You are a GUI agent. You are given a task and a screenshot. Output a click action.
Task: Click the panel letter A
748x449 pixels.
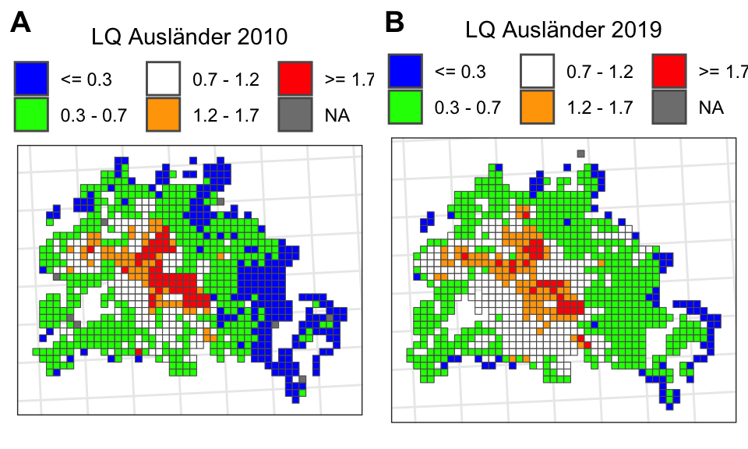click(21, 24)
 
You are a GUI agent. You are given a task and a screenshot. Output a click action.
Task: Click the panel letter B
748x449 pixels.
click(395, 23)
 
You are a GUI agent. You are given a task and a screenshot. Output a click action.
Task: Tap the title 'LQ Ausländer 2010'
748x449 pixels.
click(189, 37)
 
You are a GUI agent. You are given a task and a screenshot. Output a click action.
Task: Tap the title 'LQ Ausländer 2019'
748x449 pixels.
click(563, 30)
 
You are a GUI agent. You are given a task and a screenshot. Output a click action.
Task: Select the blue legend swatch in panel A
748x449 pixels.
click(32, 77)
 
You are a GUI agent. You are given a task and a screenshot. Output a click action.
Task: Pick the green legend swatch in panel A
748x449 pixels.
click(32, 114)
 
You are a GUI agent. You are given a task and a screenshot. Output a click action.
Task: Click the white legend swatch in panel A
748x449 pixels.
click(163, 77)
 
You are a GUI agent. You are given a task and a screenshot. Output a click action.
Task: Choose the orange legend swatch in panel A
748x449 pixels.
click(163, 114)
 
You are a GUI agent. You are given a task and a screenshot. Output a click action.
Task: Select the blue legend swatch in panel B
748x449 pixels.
click(406, 71)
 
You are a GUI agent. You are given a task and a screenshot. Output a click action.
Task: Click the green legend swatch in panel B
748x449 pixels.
click(406, 107)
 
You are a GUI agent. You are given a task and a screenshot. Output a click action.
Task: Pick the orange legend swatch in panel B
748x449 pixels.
click(537, 107)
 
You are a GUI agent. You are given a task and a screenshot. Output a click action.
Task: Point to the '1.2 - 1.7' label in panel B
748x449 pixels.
click(599, 108)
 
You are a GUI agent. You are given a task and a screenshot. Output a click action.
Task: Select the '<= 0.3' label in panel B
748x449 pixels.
click(460, 72)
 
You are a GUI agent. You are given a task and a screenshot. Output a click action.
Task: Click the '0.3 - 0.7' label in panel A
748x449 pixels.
click(93, 115)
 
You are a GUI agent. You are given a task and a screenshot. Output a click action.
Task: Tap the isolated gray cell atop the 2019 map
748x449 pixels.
click(580, 154)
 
